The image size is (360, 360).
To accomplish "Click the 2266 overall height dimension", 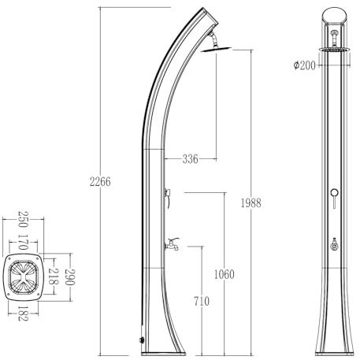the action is [100, 182].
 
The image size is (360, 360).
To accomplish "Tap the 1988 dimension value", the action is [251, 203].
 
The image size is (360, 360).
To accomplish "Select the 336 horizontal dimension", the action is [191, 159].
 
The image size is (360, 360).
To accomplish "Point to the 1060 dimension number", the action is [224, 274].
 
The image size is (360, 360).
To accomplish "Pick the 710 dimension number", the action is [202, 301].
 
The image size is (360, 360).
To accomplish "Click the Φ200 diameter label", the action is [305, 65].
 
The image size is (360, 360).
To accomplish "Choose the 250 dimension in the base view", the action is [23, 220].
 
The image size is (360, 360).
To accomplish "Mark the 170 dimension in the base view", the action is [23, 242].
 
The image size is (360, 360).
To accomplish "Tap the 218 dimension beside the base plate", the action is [53, 276].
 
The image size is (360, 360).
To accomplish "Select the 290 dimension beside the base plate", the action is [70, 277].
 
